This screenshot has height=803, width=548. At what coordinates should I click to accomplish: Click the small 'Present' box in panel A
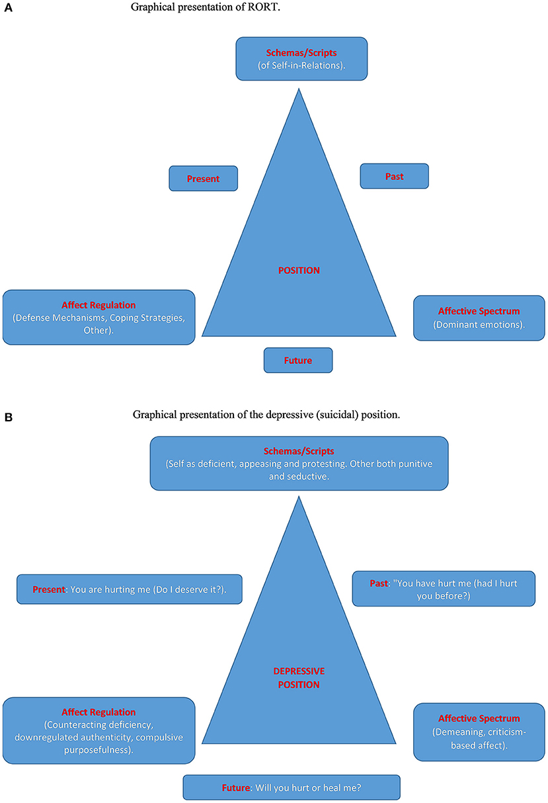click(x=203, y=179)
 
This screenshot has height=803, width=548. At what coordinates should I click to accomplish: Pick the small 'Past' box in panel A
click(x=395, y=177)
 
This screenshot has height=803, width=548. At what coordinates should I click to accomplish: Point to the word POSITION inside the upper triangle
click(x=299, y=270)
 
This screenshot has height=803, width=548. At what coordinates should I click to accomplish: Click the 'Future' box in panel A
click(x=298, y=360)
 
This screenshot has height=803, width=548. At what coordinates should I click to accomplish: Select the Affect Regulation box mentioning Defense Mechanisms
click(x=98, y=317)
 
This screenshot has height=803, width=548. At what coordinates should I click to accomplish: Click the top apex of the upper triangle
click(x=299, y=90)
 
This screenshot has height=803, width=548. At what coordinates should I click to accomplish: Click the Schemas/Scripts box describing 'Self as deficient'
click(x=299, y=463)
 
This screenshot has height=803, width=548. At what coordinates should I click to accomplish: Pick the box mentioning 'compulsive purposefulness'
click(x=98, y=731)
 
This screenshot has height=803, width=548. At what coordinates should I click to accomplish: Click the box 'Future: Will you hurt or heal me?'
click(x=292, y=788)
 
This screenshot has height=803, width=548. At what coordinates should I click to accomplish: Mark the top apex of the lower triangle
click(x=299, y=497)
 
